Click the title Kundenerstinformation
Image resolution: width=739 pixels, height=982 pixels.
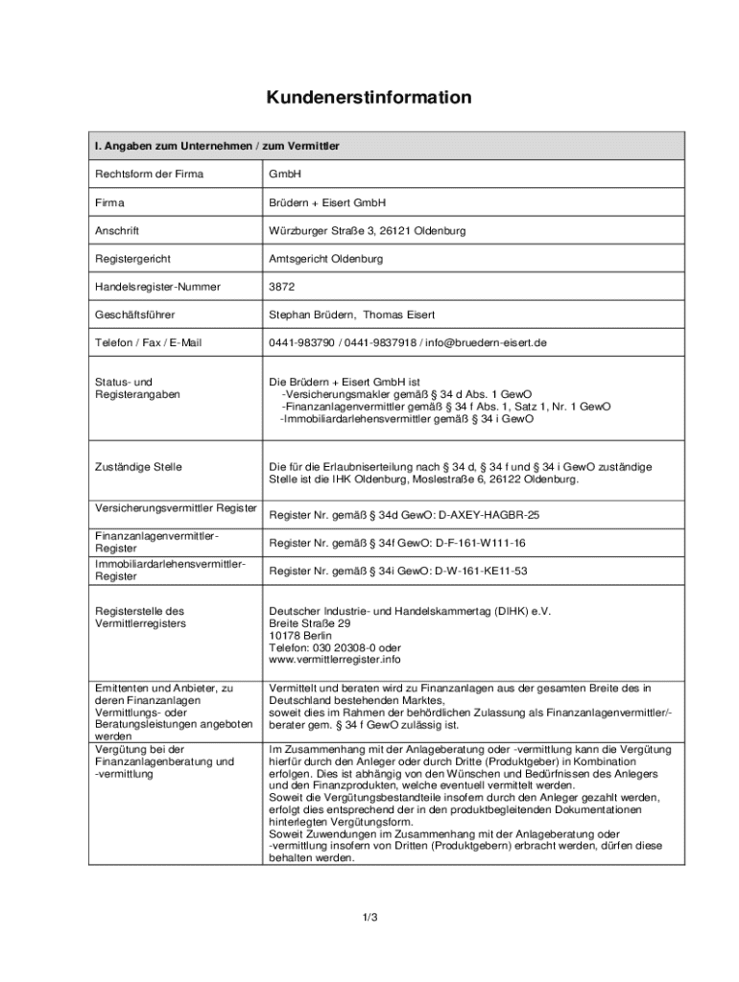pyautogui.click(x=369, y=98)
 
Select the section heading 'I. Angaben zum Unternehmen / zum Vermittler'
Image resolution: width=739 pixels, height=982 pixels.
pyautogui.click(x=217, y=146)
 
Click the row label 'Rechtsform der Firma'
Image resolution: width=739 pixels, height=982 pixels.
pyautogui.click(x=149, y=175)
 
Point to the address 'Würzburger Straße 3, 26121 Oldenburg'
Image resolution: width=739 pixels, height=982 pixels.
pyautogui.click(x=368, y=231)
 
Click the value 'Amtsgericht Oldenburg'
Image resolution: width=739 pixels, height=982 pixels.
pyautogui.click(x=326, y=259)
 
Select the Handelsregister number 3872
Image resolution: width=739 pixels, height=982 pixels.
pyautogui.click(x=281, y=287)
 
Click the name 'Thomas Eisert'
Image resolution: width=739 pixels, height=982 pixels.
pyautogui.click(x=397, y=315)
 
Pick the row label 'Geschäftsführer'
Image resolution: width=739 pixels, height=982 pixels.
pyautogui.click(x=134, y=315)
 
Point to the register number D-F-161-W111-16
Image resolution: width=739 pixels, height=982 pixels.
pyautogui.click(x=480, y=543)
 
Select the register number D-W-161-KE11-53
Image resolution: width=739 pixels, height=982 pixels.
pyautogui.click(x=481, y=571)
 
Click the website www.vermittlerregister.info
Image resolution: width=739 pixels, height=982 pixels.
pyautogui.click(x=335, y=660)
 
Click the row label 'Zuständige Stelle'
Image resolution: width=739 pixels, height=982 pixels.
pyautogui.click(x=138, y=467)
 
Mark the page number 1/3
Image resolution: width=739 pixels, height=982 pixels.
pyautogui.click(x=369, y=918)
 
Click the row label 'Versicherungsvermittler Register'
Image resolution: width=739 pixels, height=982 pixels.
pyautogui.click(x=176, y=507)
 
